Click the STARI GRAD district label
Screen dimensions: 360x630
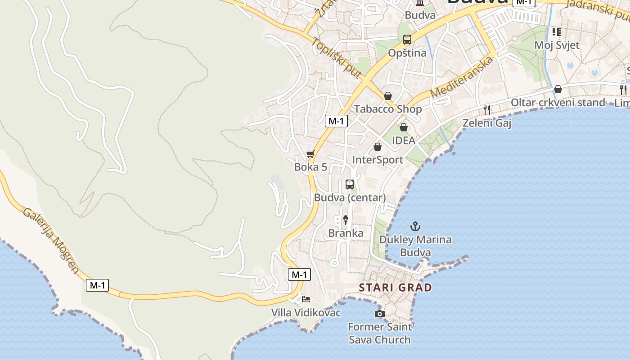click(395, 287)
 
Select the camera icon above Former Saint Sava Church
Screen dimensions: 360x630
click(380, 314)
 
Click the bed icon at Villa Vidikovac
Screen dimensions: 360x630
click(306, 299)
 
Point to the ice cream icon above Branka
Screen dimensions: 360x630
click(346, 220)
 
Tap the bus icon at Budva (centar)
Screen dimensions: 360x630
click(350, 184)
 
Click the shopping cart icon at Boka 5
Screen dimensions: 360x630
click(310, 154)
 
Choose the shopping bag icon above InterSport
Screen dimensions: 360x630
click(378, 147)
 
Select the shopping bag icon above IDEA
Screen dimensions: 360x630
click(404, 127)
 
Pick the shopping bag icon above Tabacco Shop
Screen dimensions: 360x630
click(388, 96)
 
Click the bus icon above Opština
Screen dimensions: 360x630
click(407, 40)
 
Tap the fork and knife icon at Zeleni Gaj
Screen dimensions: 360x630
click(486, 109)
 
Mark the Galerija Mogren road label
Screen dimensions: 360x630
click(51, 241)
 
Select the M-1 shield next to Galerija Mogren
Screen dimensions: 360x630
click(98, 285)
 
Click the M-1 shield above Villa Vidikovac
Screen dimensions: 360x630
click(299, 274)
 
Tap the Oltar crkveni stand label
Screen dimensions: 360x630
click(558, 103)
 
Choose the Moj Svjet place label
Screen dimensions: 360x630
click(557, 45)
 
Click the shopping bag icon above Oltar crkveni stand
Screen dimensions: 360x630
click(558, 89)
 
